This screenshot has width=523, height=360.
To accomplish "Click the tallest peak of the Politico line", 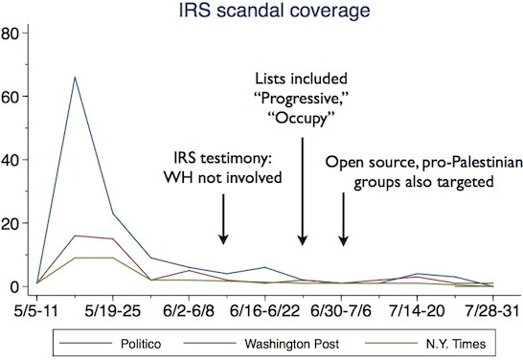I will tap(76, 78).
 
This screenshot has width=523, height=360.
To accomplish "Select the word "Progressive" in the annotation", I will tap(301, 98).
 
